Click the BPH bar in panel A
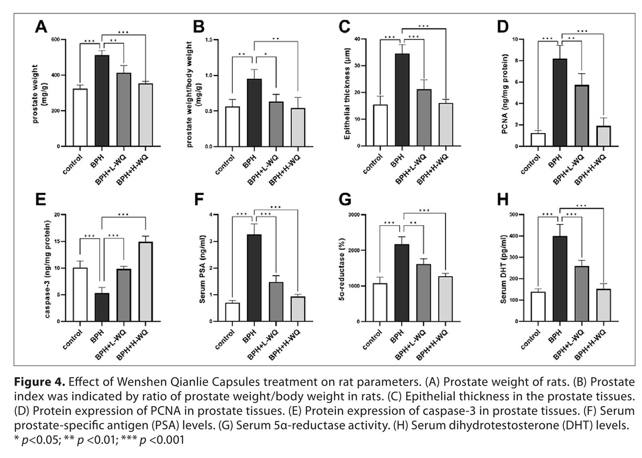(102, 101)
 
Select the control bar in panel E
(80, 295)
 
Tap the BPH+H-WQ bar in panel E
(146, 282)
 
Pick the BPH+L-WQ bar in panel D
(582, 116)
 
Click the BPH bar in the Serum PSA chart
(254, 278)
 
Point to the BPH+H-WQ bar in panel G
(445, 299)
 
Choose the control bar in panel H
(538, 307)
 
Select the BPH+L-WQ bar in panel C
(424, 118)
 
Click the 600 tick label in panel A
(56, 40)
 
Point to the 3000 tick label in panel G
(354, 215)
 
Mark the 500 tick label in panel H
(514, 215)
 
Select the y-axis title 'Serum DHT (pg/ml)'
(503, 269)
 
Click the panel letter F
(199, 200)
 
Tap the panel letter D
(503, 27)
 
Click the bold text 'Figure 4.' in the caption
(40, 382)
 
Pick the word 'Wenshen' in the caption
(141, 382)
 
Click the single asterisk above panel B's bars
(266, 54)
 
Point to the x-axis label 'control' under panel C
(373, 164)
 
